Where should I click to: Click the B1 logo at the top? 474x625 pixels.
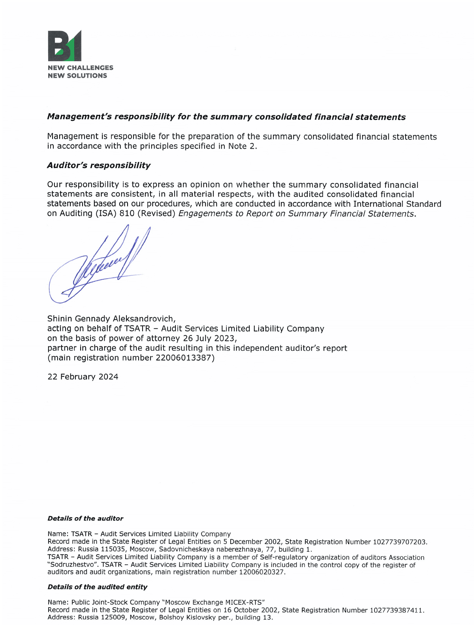click(64, 45)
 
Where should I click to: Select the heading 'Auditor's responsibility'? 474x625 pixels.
click(99, 165)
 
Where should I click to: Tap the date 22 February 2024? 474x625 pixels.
click(83, 377)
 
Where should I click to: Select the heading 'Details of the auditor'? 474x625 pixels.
click(85, 518)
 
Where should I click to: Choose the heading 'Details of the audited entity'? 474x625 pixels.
click(97, 587)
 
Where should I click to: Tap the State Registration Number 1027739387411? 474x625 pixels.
click(396, 610)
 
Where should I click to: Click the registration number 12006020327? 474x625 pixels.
click(261, 572)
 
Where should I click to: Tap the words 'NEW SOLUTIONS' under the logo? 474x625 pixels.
click(77, 76)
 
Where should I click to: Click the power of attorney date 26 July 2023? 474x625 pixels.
click(209, 339)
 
